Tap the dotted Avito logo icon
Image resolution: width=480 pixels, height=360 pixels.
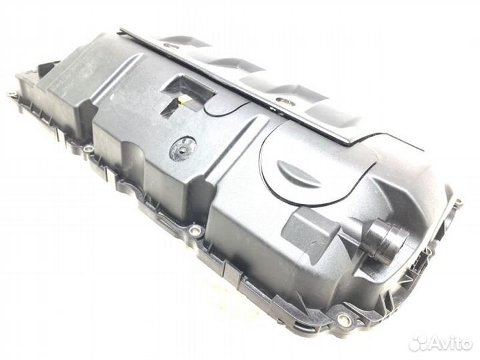[420, 343]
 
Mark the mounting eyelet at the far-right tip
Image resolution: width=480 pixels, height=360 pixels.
[458, 202]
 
